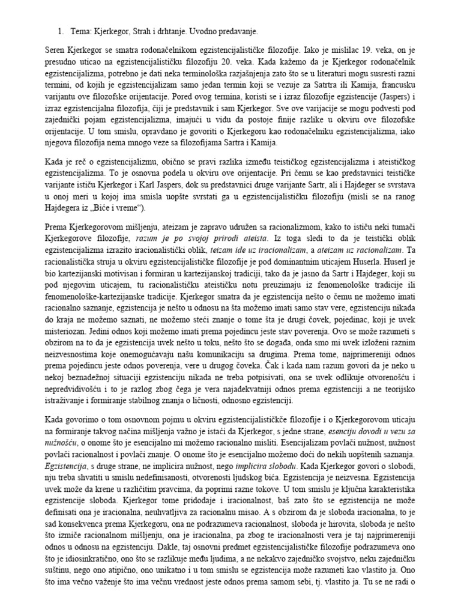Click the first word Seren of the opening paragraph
pyautogui.click(x=56, y=52)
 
